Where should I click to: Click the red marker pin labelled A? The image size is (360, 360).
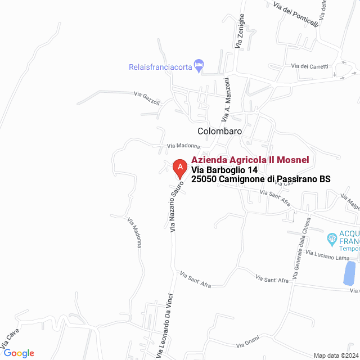tap(179, 168)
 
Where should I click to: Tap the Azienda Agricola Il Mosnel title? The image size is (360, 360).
tap(250, 160)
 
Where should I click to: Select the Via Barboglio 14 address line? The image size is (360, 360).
tap(224, 170)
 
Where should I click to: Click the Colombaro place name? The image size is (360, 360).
tap(219, 131)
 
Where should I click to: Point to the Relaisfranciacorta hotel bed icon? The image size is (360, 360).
tap(199, 66)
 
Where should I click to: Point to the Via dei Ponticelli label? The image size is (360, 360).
tap(295, 15)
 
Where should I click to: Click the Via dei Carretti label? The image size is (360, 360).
tap(309, 66)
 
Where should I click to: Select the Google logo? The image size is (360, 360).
tap(19, 353)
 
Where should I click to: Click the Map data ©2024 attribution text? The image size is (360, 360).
tap(335, 355)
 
